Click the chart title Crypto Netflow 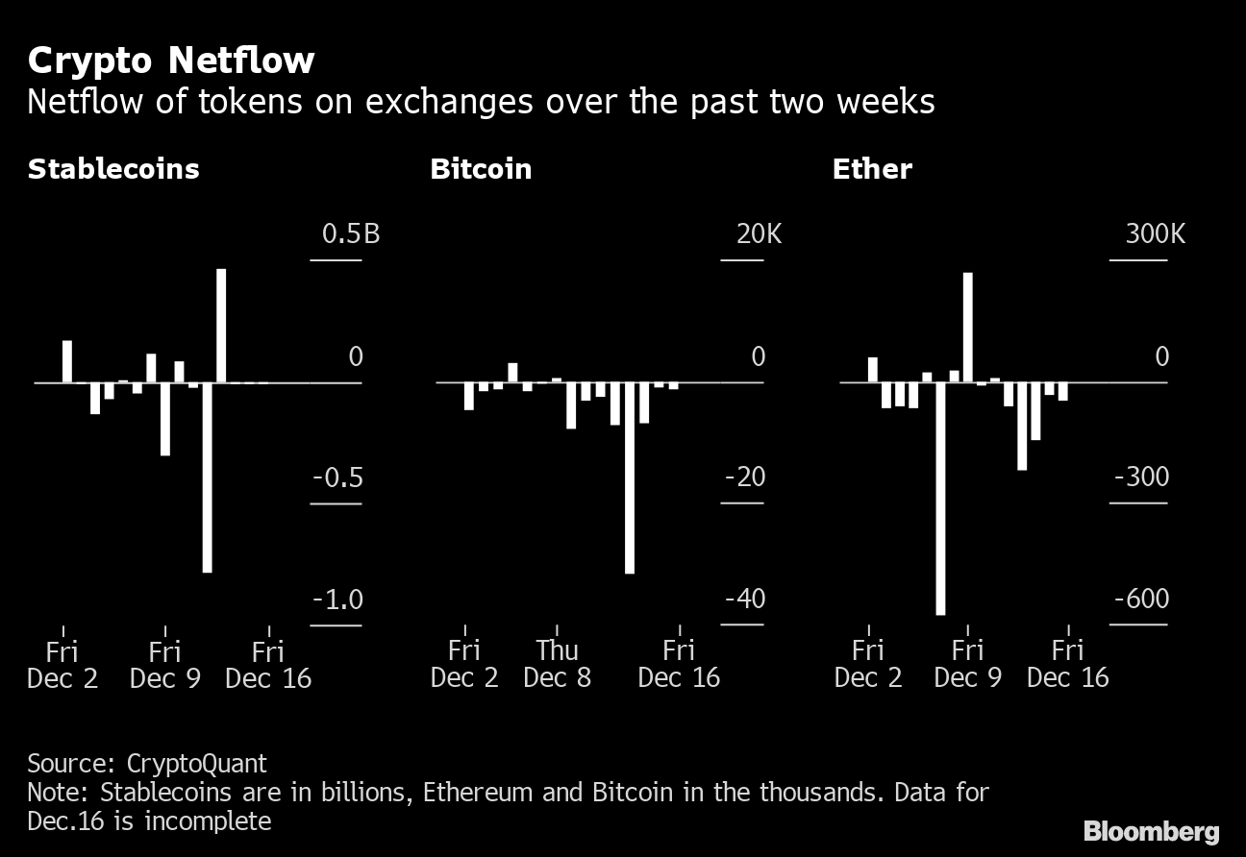tap(171, 61)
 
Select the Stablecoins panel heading tap(113, 169)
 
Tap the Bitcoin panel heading tap(481, 169)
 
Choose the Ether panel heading tap(872, 169)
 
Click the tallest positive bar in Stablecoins tap(221, 325)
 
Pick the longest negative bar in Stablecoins tap(207, 477)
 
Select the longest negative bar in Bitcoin tap(630, 477)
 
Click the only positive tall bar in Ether tap(968, 327)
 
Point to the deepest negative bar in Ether tap(940, 498)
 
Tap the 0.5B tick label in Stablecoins tap(351, 234)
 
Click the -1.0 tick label tap(337, 600)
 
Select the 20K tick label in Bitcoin tap(759, 234)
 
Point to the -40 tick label tap(744, 600)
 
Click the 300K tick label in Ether tap(1155, 234)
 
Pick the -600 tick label tap(1141, 600)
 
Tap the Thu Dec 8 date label tap(558, 664)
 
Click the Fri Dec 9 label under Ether tap(967, 664)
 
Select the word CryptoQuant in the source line tap(197, 764)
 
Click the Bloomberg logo tap(1151, 831)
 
